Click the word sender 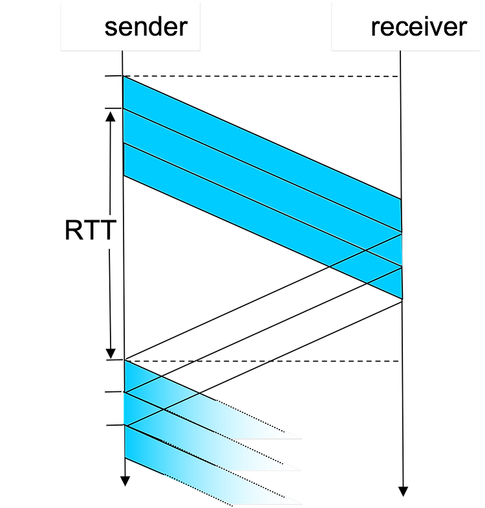146,27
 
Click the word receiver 419,27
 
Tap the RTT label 91,230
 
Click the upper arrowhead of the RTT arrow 111,117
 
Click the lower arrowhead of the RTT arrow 111,354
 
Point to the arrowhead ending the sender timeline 125,481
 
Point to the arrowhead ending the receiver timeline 403,491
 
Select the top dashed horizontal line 260,76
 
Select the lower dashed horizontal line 262,361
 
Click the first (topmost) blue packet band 262,154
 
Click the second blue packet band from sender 263,187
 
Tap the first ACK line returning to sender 264,297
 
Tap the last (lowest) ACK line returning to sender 264,363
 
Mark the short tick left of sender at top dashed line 114,76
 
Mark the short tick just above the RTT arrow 114,108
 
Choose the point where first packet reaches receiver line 401,198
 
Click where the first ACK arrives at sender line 125,360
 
